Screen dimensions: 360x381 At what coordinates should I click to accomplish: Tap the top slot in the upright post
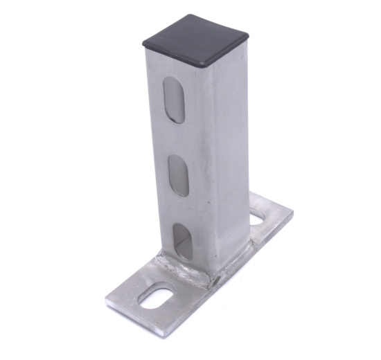[175, 100]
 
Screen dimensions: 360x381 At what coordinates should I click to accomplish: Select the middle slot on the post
[178, 174]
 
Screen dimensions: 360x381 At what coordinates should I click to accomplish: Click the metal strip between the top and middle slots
[176, 138]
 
